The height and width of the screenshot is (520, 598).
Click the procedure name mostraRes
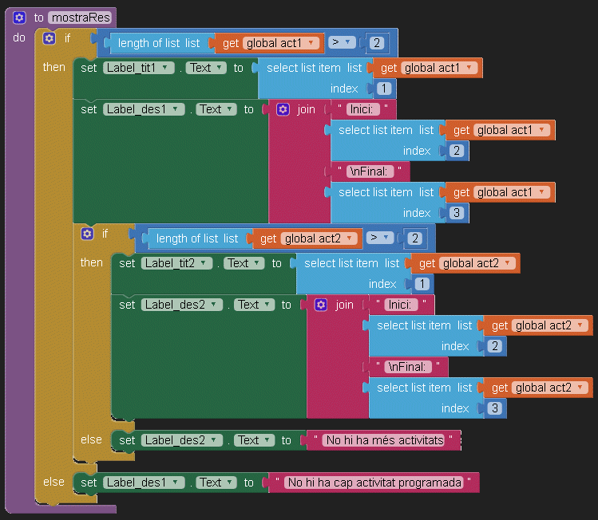click(x=80, y=18)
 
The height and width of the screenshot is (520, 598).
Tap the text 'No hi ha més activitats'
click(x=384, y=440)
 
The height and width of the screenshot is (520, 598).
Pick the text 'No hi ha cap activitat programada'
click(x=374, y=483)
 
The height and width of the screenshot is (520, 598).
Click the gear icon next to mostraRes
click(x=20, y=18)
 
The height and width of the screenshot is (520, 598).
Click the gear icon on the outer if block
click(x=50, y=38)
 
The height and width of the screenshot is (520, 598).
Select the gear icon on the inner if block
click(x=88, y=234)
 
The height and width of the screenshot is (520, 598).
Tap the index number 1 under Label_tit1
click(x=383, y=89)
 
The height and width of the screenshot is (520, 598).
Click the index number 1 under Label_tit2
click(x=422, y=284)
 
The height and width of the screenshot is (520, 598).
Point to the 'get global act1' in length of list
click(x=269, y=43)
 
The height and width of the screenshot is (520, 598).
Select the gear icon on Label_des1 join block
click(x=283, y=109)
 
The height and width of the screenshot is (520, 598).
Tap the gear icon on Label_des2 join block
click(x=321, y=305)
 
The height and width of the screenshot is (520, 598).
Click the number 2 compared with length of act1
click(x=376, y=43)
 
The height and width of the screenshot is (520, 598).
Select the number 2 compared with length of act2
click(x=414, y=238)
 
